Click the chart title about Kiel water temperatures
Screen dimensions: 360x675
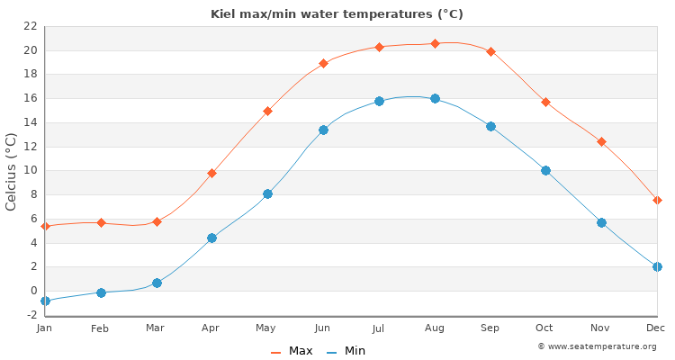(337, 14)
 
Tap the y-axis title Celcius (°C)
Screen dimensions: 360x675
(12, 171)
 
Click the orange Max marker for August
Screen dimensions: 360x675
(435, 43)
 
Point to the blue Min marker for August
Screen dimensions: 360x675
(435, 98)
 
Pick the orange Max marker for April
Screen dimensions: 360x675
(211, 173)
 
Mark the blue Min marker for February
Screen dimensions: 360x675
(101, 292)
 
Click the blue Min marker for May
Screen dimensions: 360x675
(267, 193)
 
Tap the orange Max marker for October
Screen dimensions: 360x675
(545, 102)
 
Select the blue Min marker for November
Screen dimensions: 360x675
(601, 222)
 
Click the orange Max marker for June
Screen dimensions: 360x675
(323, 63)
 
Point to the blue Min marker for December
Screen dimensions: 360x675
(657, 266)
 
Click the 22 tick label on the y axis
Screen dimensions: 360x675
(30, 26)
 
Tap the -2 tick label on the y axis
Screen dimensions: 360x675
(30, 315)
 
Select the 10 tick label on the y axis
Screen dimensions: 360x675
(30, 170)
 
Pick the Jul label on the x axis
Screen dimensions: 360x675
(379, 328)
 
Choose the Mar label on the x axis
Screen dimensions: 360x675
(156, 328)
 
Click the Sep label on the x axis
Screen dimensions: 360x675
(490, 328)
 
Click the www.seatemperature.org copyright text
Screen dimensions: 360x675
(597, 346)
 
